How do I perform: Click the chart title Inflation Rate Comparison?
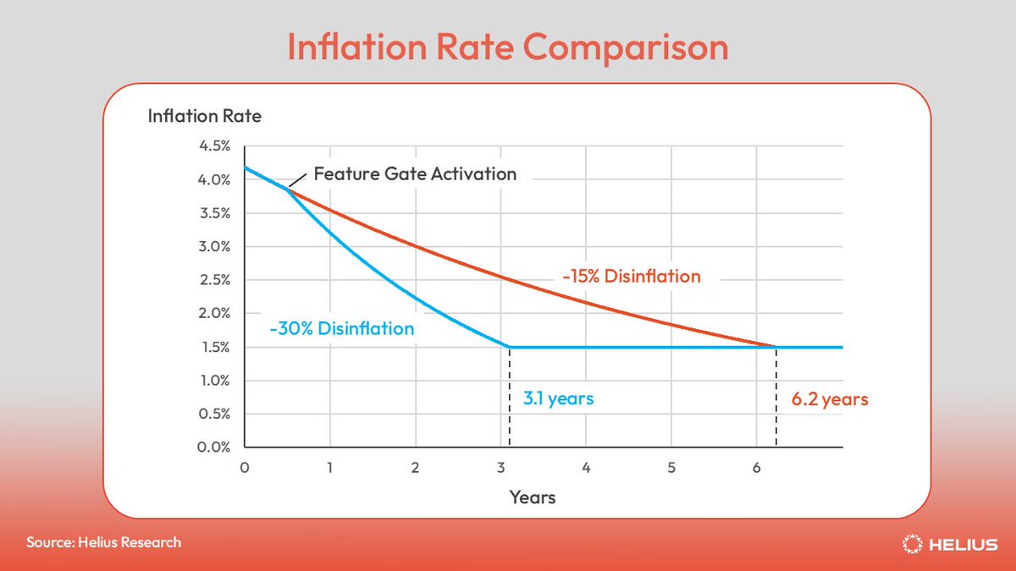pyautogui.click(x=507, y=47)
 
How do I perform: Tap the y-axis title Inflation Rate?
pyautogui.click(x=204, y=116)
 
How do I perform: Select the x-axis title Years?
pyautogui.click(x=533, y=497)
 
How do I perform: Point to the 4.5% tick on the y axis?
pyautogui.click(x=214, y=146)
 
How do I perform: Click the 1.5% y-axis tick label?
pyautogui.click(x=214, y=347)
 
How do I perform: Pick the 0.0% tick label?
pyautogui.click(x=214, y=447)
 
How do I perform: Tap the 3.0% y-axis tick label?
pyautogui.click(x=214, y=247)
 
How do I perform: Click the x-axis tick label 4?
pyautogui.click(x=586, y=467)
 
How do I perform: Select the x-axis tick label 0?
pyautogui.click(x=245, y=467)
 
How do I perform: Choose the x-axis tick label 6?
pyautogui.click(x=756, y=467)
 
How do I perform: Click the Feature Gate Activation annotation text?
pyautogui.click(x=415, y=174)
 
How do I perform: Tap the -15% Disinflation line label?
pyautogui.click(x=631, y=276)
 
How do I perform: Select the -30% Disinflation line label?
pyautogui.click(x=341, y=328)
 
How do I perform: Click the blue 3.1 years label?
pyautogui.click(x=558, y=398)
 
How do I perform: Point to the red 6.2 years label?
pyautogui.click(x=830, y=398)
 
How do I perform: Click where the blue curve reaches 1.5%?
pyautogui.click(x=509, y=347)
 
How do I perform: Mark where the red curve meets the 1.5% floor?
pyautogui.click(x=776, y=347)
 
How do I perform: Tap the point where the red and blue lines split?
pyautogui.click(x=288, y=189)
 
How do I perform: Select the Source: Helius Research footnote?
pyautogui.click(x=103, y=541)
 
